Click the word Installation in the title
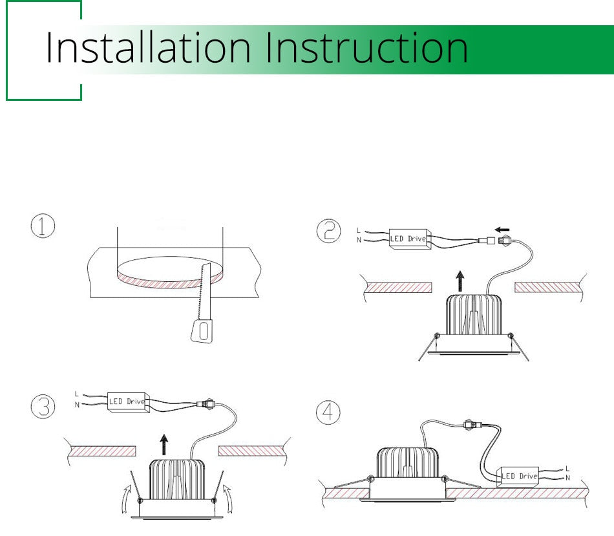(148, 48)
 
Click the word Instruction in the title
(367, 48)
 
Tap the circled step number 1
(43, 226)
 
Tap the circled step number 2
(328, 231)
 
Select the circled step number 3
(43, 406)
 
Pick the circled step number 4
(328, 413)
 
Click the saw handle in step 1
(202, 331)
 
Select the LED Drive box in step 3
(129, 402)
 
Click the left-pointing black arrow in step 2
(502, 230)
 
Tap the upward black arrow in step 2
(460, 281)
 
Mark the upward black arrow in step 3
(164, 445)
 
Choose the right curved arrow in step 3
(229, 498)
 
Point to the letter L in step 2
(358, 230)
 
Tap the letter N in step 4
(568, 478)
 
